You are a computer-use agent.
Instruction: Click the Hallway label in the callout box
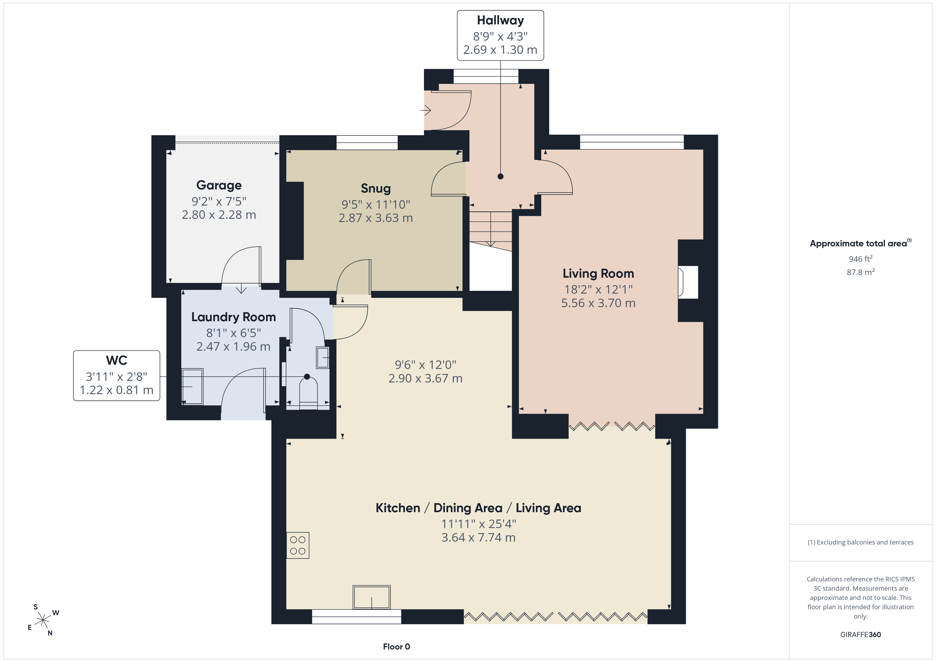coord(500,20)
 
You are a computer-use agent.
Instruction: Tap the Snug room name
coord(375,188)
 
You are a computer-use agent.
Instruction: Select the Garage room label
coord(219,185)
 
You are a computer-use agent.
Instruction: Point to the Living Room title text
coord(598,273)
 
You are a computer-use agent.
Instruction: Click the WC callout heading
coord(116,360)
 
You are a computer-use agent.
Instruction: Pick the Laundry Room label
coord(233,317)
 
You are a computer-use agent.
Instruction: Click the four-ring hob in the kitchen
coord(298,545)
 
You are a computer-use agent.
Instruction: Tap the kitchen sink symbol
coord(371,597)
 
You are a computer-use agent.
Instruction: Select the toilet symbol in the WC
coord(308,393)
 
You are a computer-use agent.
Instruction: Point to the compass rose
coord(43,620)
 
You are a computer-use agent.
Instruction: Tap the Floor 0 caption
coord(396,647)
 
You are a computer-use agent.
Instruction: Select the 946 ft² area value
coord(861,259)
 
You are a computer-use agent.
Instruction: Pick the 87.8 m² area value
coord(861,272)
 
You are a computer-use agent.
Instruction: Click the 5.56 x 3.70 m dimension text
coord(598,303)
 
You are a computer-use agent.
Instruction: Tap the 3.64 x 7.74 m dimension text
coord(478,538)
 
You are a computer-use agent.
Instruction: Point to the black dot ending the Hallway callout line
coord(501,176)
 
